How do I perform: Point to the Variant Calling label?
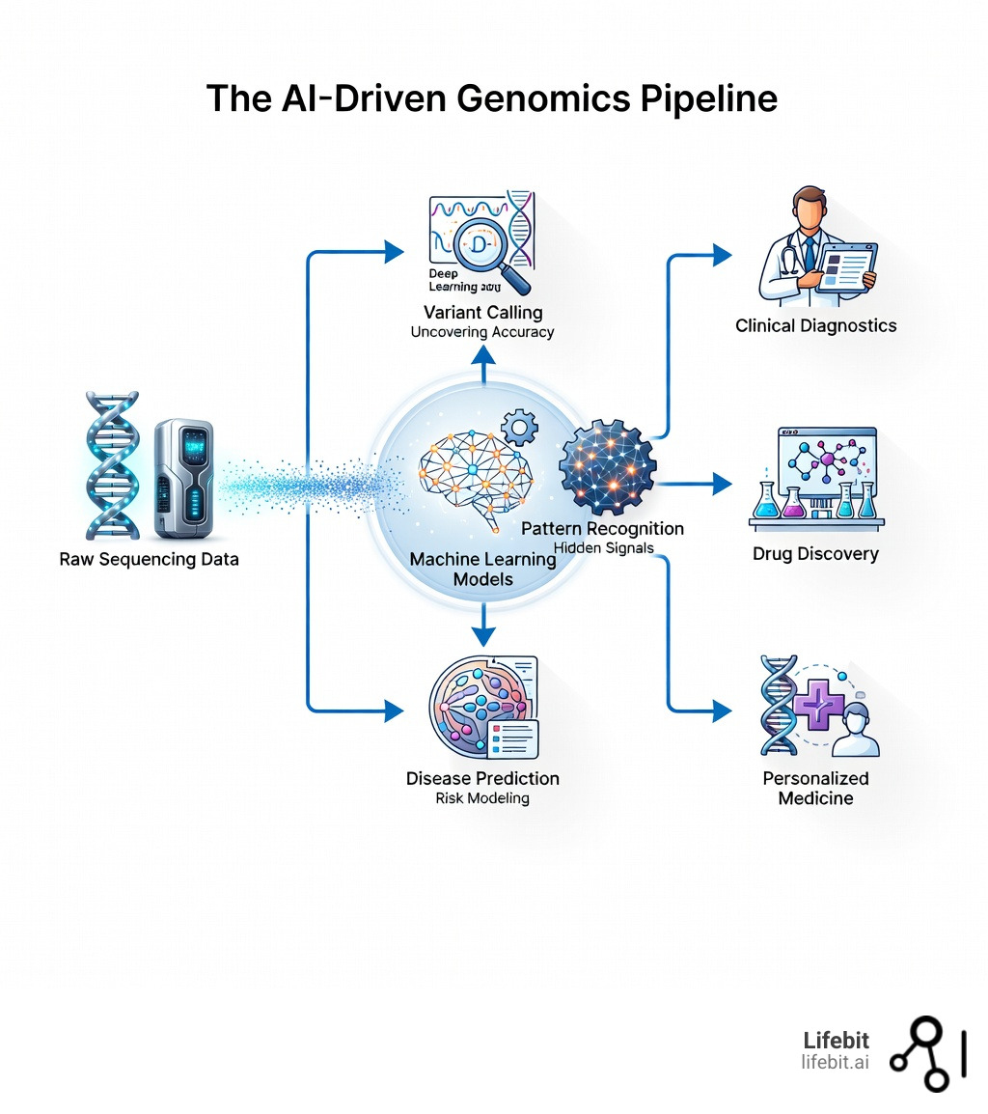pos(482,312)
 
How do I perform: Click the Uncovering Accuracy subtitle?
pos(482,332)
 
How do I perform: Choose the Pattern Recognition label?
pos(602,528)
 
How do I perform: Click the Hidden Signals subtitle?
pos(604,547)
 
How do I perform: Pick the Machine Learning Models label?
pos(482,569)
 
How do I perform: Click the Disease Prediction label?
pos(482,778)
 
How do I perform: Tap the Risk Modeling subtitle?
pos(482,798)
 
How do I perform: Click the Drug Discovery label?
pos(815,554)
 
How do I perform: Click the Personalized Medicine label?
pos(815,788)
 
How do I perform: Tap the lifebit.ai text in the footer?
pos(835,1062)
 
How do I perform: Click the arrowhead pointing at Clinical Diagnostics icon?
pos(721,255)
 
